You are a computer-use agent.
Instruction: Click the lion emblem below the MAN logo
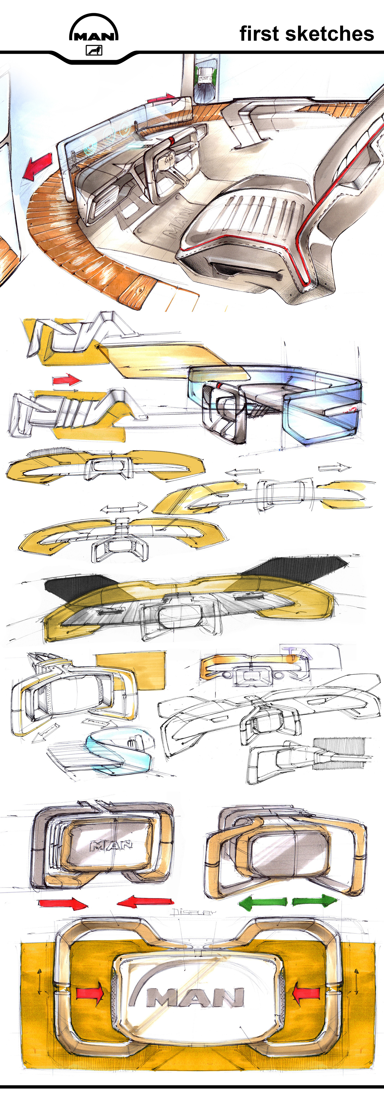point(94,51)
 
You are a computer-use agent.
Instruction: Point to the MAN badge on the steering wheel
point(168,160)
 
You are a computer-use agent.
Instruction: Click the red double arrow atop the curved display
point(161,100)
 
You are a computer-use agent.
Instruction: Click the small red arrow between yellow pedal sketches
point(66,380)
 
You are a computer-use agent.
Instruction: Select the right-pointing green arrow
point(314,901)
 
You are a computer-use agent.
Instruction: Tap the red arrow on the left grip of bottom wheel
point(90,993)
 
